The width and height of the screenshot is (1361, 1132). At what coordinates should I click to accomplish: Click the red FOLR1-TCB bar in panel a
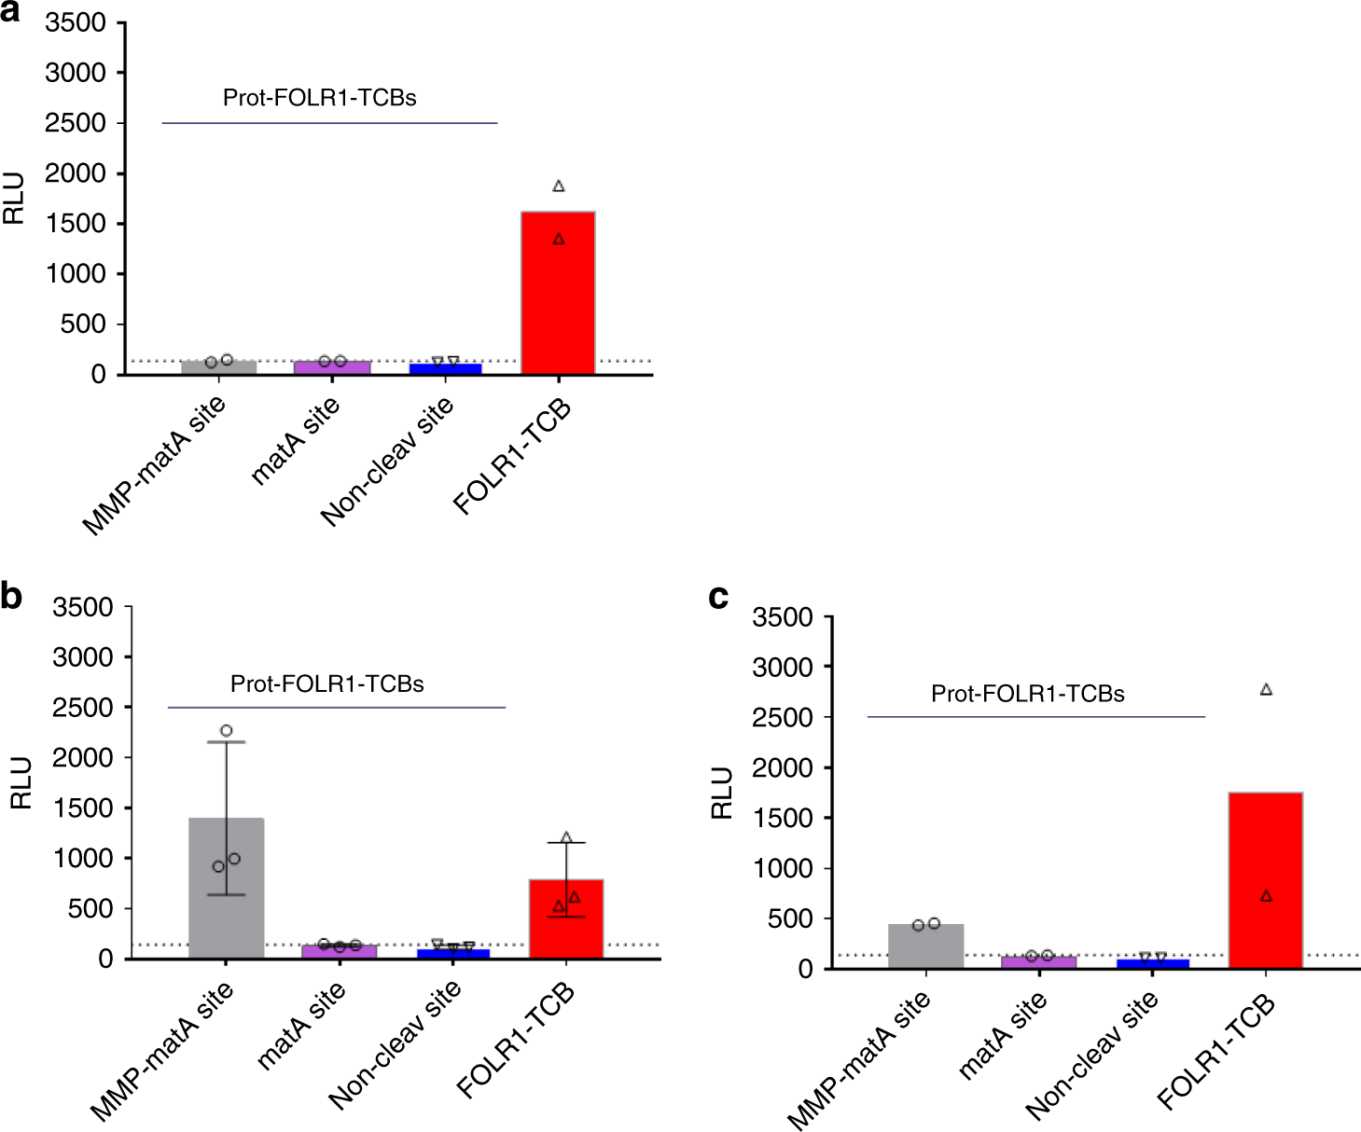(x=558, y=293)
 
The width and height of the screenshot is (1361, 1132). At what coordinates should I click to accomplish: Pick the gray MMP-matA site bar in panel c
(x=925, y=946)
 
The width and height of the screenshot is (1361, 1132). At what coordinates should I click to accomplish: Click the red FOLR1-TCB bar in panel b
(x=566, y=918)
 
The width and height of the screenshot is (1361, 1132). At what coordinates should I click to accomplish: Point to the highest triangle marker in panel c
(x=1266, y=690)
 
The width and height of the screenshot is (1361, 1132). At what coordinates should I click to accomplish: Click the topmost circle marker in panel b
(x=226, y=731)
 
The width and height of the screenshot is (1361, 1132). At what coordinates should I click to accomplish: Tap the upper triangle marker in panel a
(x=559, y=186)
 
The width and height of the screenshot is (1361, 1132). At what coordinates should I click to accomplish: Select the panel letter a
(x=10, y=13)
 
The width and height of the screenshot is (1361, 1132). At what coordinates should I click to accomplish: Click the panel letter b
(x=11, y=596)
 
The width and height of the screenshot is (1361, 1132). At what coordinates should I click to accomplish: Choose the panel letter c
(x=718, y=596)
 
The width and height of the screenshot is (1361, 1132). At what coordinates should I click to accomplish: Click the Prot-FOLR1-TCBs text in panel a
(x=319, y=98)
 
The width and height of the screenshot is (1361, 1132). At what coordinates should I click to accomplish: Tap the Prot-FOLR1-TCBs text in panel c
(x=1027, y=694)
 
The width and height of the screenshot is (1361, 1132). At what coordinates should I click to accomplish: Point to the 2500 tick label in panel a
(x=76, y=123)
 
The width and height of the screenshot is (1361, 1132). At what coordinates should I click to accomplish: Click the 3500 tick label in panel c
(x=782, y=617)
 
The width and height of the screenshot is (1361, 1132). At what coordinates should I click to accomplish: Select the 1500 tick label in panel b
(x=82, y=808)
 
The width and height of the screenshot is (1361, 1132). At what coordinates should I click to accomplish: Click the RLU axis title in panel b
(x=21, y=782)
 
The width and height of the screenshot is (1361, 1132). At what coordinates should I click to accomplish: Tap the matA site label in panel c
(x=1003, y=1035)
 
